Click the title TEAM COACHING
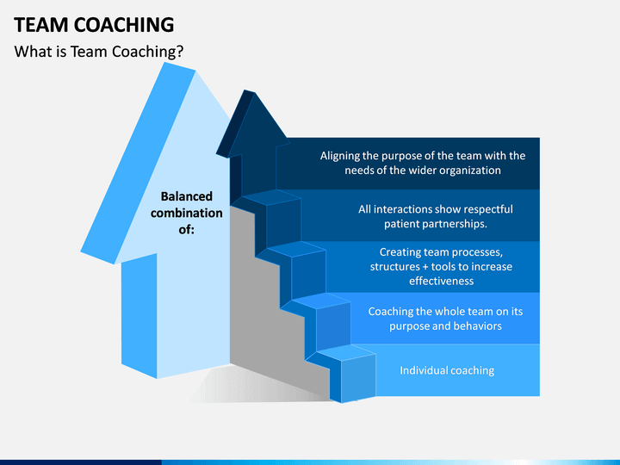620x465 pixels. pos(94,25)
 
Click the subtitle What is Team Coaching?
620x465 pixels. pos(99,52)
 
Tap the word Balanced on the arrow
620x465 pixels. pos(187,196)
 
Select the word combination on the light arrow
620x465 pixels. pos(187,214)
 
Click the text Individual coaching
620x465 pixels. pos(447,370)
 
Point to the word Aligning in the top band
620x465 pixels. pos(339,156)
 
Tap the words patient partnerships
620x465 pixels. pos(436,224)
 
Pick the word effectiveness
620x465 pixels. pos(441,281)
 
